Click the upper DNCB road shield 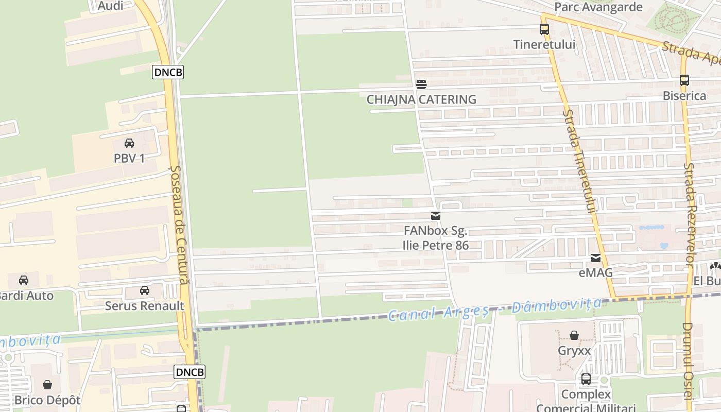pos(168,72)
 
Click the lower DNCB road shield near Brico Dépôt pos(190,372)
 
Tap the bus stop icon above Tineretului pos(544,29)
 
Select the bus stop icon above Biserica pos(684,80)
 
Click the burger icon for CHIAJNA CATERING pos(421,84)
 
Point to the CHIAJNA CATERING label pos(421,99)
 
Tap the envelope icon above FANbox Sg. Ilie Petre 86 pos(436,216)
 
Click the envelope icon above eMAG pos(596,258)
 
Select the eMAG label pos(596,272)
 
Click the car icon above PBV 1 pos(129,143)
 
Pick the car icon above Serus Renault pos(145,290)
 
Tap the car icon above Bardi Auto pos(24,280)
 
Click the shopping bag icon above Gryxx pos(574,336)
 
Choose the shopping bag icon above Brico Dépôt pos(47,385)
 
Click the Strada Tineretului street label pos(579,162)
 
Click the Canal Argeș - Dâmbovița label pos(494,309)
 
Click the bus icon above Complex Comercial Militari pos(586,380)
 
